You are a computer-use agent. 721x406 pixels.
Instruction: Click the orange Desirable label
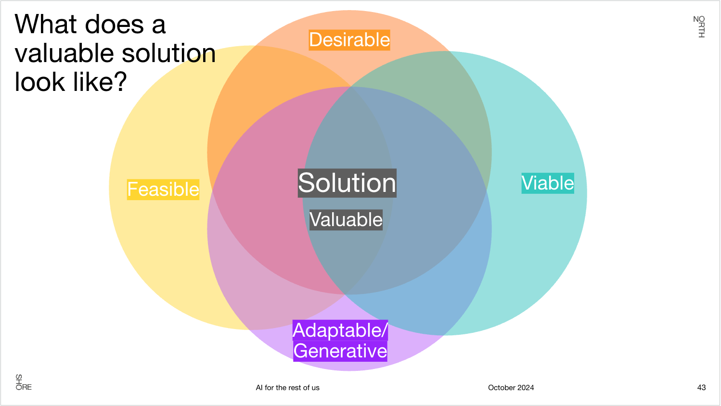tap(349, 40)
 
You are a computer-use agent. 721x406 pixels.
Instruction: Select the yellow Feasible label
tap(163, 189)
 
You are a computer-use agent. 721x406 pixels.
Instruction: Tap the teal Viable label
tap(548, 183)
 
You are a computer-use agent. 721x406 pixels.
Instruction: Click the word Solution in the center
tap(347, 183)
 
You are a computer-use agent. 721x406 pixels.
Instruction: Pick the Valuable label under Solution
tap(346, 220)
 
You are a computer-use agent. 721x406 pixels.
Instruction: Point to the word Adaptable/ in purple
tap(340, 330)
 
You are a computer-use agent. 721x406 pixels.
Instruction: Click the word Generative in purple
tap(340, 351)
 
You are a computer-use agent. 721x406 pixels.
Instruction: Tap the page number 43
tap(701, 388)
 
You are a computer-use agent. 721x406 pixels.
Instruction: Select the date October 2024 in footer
tap(511, 388)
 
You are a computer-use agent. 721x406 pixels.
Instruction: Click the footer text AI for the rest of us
tap(287, 388)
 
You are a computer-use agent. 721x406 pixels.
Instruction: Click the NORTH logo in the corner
tap(699, 26)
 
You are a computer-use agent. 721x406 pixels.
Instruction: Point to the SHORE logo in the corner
tap(23, 382)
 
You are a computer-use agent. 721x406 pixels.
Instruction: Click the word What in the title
tap(45, 25)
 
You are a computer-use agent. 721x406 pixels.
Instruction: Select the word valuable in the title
tap(61, 53)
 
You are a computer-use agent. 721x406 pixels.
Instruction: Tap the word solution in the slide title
tap(169, 53)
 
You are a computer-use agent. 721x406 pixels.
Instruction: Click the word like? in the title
tap(100, 82)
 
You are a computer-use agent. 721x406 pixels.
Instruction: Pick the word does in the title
tap(114, 25)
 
